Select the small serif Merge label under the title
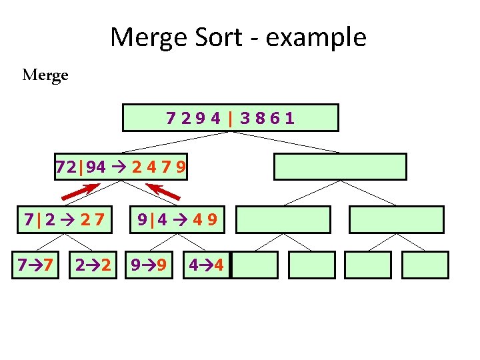pyautogui.click(x=45, y=75)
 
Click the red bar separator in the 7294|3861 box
pyautogui.click(x=230, y=119)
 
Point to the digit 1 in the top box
pyautogui.click(x=289, y=119)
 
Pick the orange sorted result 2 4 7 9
pyautogui.click(x=158, y=167)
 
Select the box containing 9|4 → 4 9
pyautogui.click(x=176, y=219)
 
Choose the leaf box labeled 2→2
pyautogui.click(x=93, y=265)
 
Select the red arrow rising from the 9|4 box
pyautogui.click(x=163, y=192)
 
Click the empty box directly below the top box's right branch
pyautogui.click(x=340, y=167)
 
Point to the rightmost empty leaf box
pyautogui.click(x=426, y=265)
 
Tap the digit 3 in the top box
pyautogui.click(x=245, y=119)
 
